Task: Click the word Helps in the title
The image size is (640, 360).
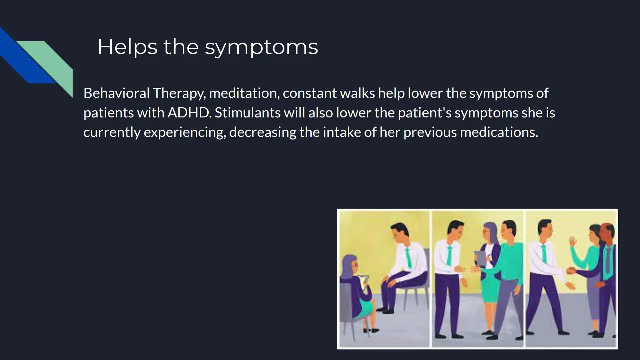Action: click(x=127, y=47)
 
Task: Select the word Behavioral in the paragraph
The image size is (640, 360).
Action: click(x=116, y=93)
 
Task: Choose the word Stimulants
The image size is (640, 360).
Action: click(x=248, y=113)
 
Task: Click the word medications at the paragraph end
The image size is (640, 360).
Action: click(x=499, y=132)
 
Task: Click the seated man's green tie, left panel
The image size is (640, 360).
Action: click(x=408, y=258)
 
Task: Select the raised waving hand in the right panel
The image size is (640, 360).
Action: click(x=573, y=241)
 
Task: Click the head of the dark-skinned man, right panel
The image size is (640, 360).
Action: click(x=607, y=233)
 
